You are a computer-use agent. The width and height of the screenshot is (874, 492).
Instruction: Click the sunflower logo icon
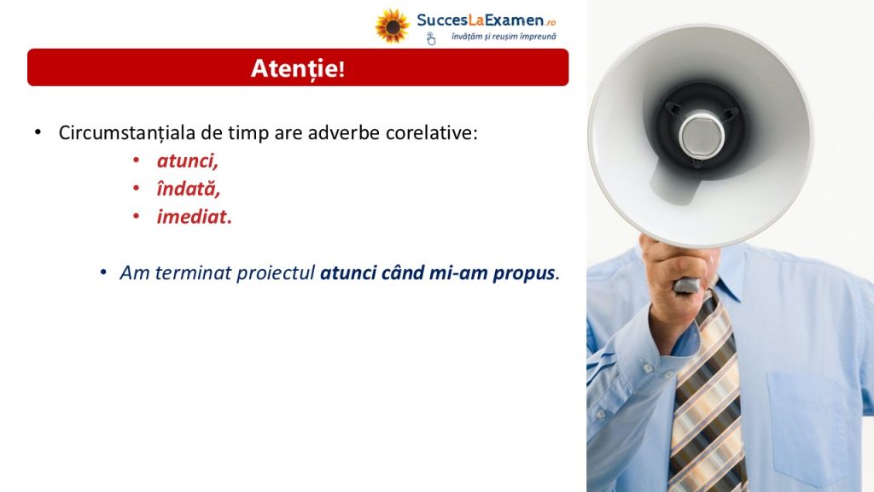pyautogui.click(x=392, y=26)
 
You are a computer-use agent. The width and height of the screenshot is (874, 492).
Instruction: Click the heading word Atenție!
pyautogui.click(x=298, y=68)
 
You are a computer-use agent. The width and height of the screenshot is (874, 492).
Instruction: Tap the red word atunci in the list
pyautogui.click(x=187, y=161)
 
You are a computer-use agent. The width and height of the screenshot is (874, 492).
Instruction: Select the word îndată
pyautogui.click(x=189, y=189)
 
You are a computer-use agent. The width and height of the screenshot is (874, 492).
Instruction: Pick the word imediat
pyautogui.click(x=194, y=216)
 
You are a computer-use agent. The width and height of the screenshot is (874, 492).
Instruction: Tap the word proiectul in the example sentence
pyautogui.click(x=276, y=272)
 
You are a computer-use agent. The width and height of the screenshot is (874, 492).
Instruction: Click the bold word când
pyautogui.click(x=403, y=272)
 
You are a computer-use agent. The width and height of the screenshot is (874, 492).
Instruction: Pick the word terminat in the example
pyautogui.click(x=193, y=272)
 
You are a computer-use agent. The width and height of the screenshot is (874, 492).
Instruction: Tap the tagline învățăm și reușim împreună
pyautogui.click(x=504, y=37)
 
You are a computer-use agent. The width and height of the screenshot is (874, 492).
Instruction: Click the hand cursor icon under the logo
pyautogui.click(x=431, y=38)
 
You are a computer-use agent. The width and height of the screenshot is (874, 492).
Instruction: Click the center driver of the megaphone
pyautogui.click(x=702, y=134)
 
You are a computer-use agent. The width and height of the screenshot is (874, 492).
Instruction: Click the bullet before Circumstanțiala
pyautogui.click(x=38, y=132)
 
